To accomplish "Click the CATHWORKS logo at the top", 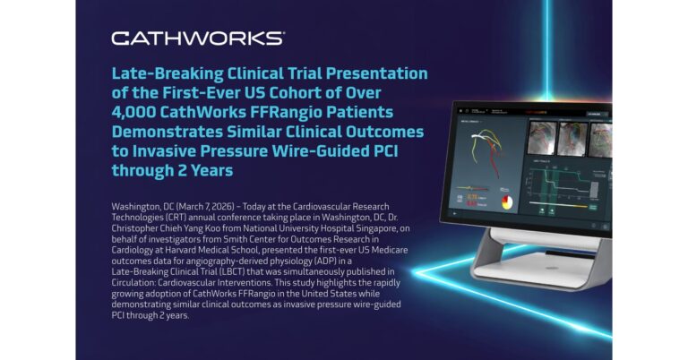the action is [198, 39].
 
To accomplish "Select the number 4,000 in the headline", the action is [133, 112].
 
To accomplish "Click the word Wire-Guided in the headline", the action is [322, 150].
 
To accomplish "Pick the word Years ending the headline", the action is [211, 170].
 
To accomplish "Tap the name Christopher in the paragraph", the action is [133, 228].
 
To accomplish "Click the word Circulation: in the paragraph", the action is [133, 283].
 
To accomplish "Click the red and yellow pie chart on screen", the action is [507, 201].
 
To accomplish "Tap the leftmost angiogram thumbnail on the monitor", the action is [542, 138].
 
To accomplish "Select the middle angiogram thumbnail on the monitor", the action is [572, 140].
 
